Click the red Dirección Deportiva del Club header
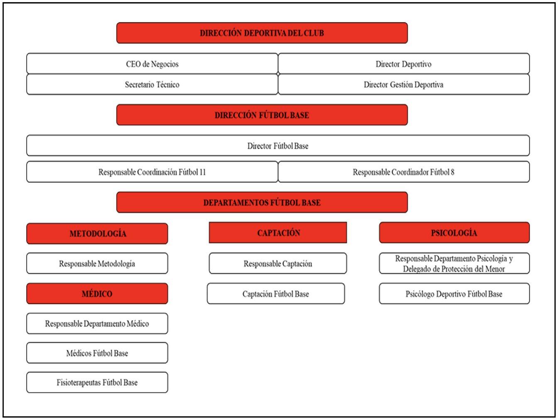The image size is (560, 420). tap(262, 33)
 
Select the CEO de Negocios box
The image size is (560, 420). tap(152, 64)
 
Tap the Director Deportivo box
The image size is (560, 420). tap(403, 64)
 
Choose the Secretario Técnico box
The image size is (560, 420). tap(152, 84)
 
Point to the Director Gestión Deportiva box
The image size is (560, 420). tap(403, 84)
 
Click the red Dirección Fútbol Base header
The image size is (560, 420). tap(262, 115)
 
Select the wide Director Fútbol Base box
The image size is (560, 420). tap(278, 146)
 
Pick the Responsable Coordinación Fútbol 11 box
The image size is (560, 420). tap(152, 172)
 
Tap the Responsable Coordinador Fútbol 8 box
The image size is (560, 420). tap(403, 172)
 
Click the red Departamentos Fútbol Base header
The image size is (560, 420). tap(262, 202)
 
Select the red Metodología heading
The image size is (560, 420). tap(97, 233)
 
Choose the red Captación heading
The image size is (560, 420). tap(278, 233)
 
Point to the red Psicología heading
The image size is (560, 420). tap(455, 233)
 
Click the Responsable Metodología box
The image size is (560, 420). tap(97, 263)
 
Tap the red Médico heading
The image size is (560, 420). tap(97, 294)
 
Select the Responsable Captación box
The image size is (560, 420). tap(278, 263)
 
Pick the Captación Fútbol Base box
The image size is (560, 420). tap(276, 294)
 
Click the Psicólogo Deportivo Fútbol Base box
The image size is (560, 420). tap(455, 294)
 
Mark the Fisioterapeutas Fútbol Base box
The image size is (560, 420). tap(97, 382)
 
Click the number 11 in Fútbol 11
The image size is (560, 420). tap(203, 172)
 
